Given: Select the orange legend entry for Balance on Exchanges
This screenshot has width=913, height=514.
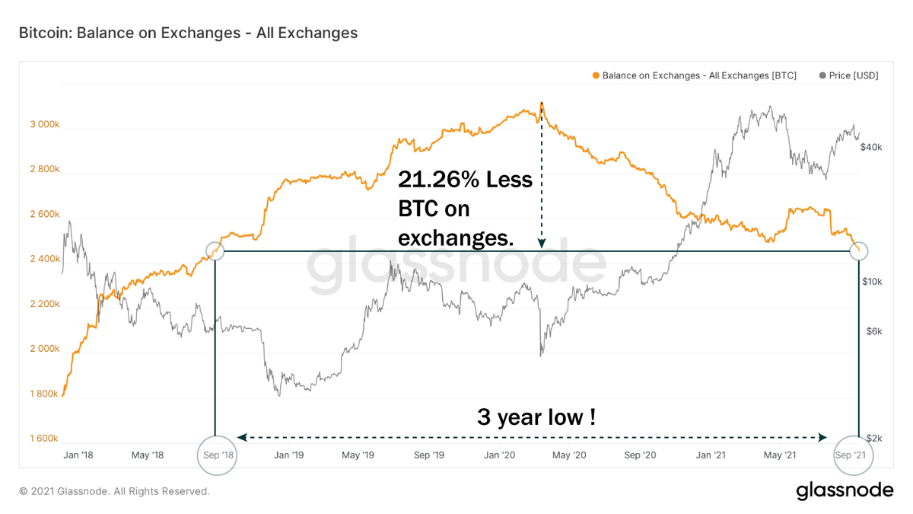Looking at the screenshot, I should click(x=697, y=76).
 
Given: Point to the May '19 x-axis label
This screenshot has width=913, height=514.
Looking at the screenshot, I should click(x=358, y=455).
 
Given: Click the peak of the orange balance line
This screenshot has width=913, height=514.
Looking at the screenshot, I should click(x=541, y=102).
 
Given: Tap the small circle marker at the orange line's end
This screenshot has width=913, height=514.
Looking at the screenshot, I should click(x=859, y=251).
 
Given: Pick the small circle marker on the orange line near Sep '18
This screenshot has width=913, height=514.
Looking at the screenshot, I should click(x=216, y=251).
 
